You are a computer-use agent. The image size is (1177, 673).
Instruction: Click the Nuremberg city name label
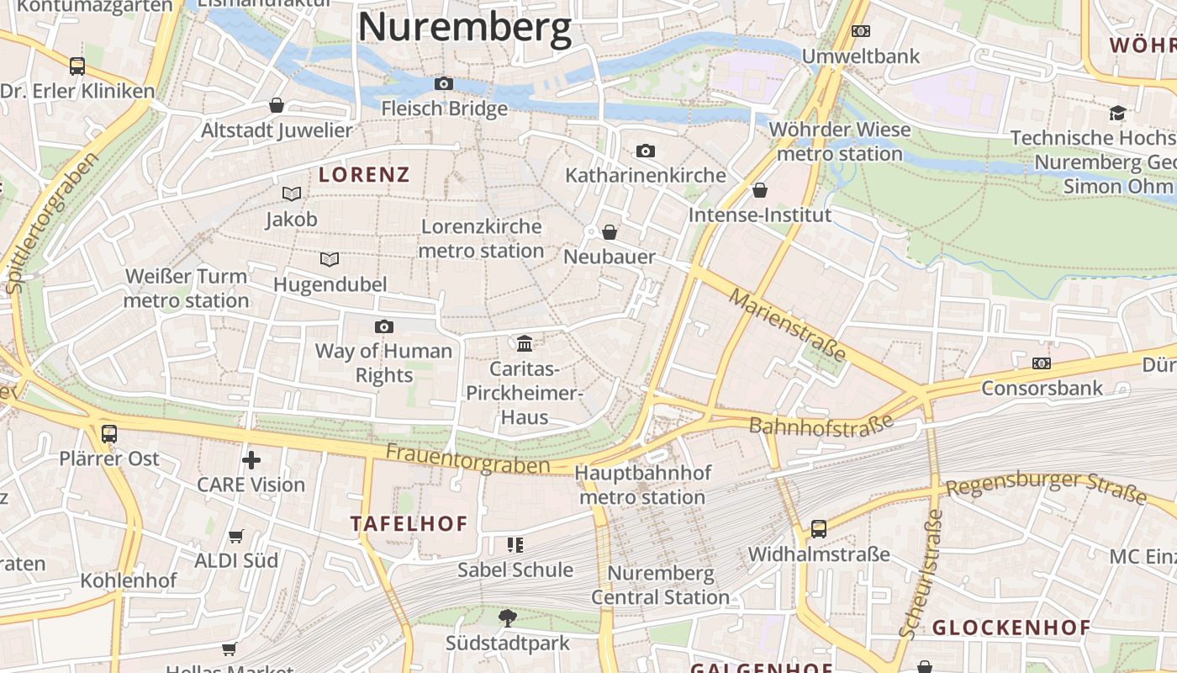click(465, 27)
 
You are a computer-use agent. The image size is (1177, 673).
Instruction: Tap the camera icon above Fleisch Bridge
click(443, 83)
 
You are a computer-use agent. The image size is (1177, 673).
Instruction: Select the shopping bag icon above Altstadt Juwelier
click(276, 105)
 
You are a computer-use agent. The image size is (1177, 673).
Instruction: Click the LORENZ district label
click(364, 175)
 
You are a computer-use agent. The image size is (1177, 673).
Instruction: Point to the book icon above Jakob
click(291, 194)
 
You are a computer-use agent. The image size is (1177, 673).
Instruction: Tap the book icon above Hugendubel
click(330, 259)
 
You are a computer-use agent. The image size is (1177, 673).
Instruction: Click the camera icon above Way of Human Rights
click(383, 326)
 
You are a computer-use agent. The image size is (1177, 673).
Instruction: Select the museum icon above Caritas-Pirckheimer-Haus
click(525, 343)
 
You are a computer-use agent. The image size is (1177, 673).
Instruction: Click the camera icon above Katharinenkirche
click(645, 151)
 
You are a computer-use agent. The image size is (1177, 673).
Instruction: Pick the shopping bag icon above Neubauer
click(610, 232)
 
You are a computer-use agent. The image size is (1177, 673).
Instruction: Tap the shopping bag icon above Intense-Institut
click(760, 190)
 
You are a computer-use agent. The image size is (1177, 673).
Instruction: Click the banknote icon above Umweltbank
click(860, 31)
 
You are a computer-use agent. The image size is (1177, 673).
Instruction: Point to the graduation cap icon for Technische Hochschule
click(1117, 113)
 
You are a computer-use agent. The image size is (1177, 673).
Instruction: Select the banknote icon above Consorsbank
click(1042, 363)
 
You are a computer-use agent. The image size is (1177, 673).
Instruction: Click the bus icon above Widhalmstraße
click(818, 529)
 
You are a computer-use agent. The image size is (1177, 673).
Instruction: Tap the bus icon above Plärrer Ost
click(109, 434)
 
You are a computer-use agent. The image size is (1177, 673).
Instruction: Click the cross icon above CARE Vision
click(251, 460)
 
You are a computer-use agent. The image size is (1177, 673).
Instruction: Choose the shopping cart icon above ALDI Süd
click(236, 536)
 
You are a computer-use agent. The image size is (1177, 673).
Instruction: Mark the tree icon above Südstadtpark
click(507, 618)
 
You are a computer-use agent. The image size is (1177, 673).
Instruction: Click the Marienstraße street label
click(787, 325)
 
